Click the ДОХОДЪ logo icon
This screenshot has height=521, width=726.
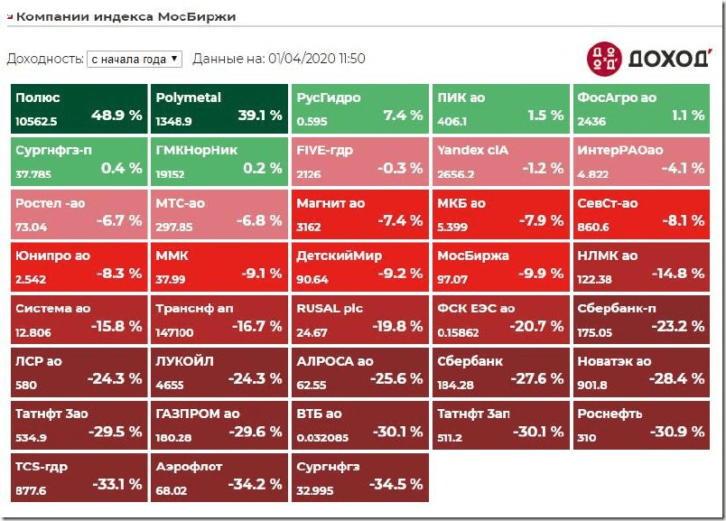(603, 58)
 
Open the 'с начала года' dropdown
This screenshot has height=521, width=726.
(135, 59)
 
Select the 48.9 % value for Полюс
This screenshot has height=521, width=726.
(116, 116)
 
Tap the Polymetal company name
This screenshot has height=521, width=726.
(188, 98)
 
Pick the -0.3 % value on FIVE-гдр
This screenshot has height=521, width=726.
(398, 168)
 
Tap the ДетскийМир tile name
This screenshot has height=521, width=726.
(340, 256)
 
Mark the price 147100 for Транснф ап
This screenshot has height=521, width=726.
(175, 333)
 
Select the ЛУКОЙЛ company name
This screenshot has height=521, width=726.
(184, 361)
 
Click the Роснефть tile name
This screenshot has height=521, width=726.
(610, 414)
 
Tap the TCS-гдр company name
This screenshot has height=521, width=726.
(42, 467)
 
